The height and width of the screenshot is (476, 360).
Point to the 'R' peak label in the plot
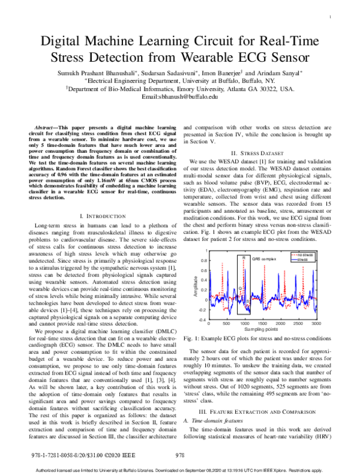pyautogui.click(x=244, y=258)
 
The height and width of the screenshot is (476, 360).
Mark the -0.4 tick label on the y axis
pyautogui.click(x=202, y=320)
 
